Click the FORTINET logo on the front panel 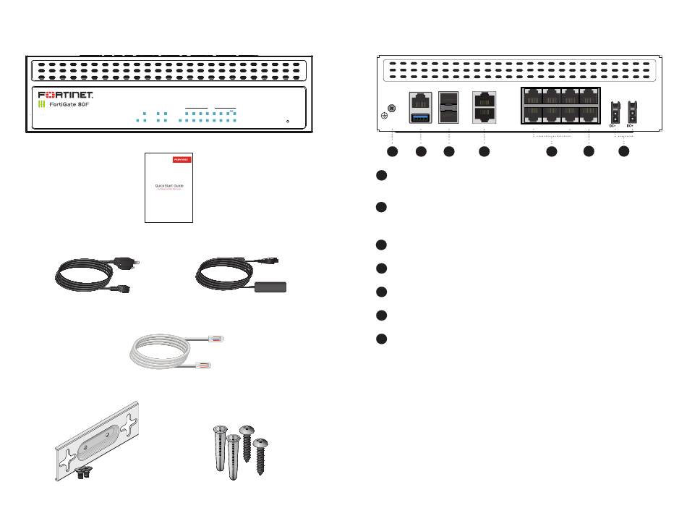click(x=65, y=95)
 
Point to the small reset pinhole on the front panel click(x=288, y=121)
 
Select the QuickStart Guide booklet click(x=168, y=187)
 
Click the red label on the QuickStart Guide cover click(x=181, y=158)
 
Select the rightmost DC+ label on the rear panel click(x=631, y=126)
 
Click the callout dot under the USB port click(x=420, y=152)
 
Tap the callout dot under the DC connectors click(x=623, y=152)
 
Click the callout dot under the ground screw click(x=392, y=152)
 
